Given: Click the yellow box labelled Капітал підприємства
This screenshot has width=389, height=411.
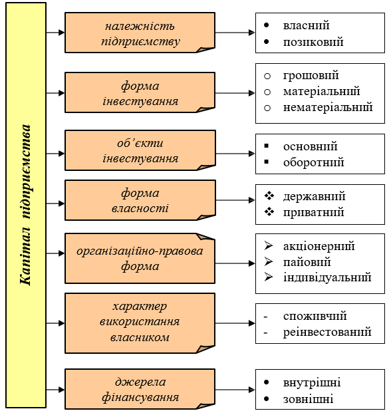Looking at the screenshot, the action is pos(26,205).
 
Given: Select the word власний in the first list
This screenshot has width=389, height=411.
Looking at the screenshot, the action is pos(306,25).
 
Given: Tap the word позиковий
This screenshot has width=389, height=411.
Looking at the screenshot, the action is pos(313,42).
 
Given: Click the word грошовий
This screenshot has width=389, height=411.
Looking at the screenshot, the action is pos(311,76).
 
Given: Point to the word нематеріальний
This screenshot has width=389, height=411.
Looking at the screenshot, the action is pos(328,107).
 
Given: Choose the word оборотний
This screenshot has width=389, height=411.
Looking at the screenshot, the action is pos(313,162).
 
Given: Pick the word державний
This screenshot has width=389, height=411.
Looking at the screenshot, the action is pos(314,196).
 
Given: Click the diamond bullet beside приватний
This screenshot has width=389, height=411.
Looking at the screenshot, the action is pos(269,211).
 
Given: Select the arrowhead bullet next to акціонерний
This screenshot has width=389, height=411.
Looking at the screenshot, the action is pos(269,245).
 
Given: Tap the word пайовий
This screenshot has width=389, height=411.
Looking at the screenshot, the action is pos(307,262).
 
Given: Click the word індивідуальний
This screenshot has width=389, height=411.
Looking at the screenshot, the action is pos(327,277).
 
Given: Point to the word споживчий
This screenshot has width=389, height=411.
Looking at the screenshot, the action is pos(315,316).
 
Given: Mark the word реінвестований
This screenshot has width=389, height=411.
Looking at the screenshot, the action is pos(327,332).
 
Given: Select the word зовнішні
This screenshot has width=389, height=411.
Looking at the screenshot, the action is pos(309,399).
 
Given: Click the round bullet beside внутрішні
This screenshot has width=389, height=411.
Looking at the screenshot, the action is pos(267,382).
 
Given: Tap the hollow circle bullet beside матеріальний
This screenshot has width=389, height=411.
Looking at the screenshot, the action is pos(267,92).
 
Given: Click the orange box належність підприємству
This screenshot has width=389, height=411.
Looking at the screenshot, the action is pos(140,33).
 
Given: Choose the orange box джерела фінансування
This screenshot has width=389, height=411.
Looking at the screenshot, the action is pos(140,389).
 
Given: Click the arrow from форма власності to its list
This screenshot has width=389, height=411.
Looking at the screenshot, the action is pos(235,200).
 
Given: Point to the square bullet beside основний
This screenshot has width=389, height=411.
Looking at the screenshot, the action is pos(267,146).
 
